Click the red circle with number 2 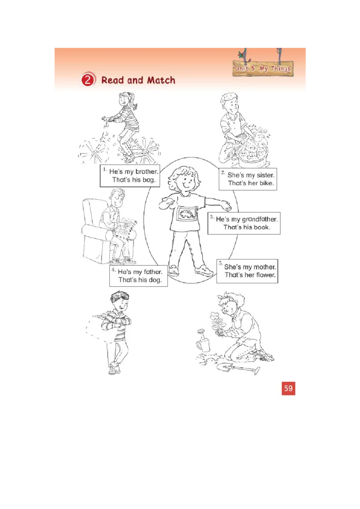(x=88, y=80)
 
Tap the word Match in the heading (x=158, y=80)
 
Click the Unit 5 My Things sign (x=263, y=69)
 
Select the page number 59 (x=288, y=388)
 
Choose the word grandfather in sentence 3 (x=260, y=219)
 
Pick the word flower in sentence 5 (x=265, y=275)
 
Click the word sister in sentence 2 (x=265, y=174)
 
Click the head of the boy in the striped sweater (x=120, y=300)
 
